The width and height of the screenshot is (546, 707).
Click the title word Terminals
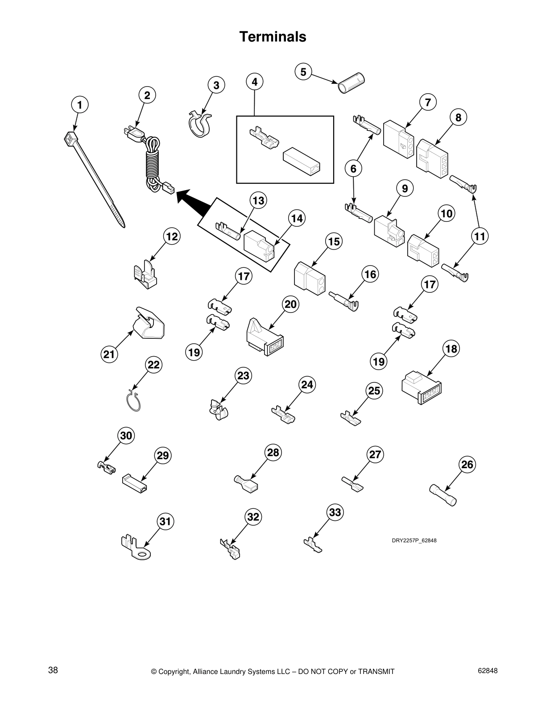(x=273, y=37)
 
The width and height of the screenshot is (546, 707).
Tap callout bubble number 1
(x=80, y=105)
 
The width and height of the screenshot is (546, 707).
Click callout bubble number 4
(x=255, y=82)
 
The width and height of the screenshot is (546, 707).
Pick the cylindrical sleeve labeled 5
(x=351, y=83)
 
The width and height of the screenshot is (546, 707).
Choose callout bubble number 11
(x=480, y=237)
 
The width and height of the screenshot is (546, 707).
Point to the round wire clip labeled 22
(x=133, y=400)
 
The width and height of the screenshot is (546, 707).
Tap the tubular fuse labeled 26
(x=443, y=495)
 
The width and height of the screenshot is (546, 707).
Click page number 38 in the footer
(x=53, y=670)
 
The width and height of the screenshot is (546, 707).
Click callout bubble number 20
(x=290, y=304)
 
